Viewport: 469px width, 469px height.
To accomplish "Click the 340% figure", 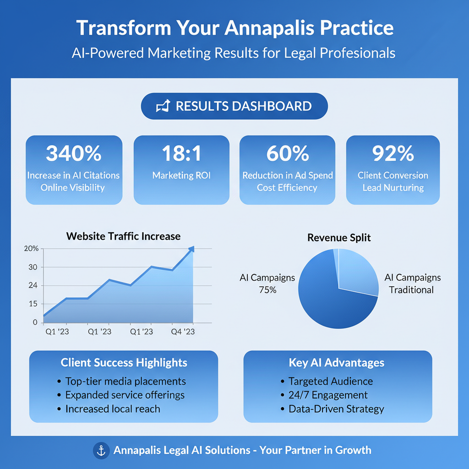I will [74, 154].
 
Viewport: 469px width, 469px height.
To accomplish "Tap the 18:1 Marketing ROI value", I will [181, 154].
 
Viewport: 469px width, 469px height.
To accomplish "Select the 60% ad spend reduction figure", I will [288, 154].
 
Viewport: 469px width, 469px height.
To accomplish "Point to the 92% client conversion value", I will [393, 154].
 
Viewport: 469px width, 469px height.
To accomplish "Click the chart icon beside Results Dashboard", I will [163, 106].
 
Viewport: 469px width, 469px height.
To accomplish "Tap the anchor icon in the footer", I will [101, 450].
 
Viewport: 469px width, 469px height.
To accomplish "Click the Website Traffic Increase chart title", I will [123, 236].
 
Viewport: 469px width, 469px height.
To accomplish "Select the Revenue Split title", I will [339, 238].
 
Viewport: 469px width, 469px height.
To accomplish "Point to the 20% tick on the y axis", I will [31, 249].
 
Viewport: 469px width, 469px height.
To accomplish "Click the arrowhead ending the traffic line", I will [191, 249].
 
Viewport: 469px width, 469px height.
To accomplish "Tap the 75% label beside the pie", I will [267, 289].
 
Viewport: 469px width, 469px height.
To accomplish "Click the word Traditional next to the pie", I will [411, 289].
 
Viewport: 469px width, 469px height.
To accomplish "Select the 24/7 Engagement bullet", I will [328, 395].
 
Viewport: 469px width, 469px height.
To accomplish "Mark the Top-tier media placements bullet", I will [125, 381].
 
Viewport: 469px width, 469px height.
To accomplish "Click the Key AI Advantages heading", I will [337, 363].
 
